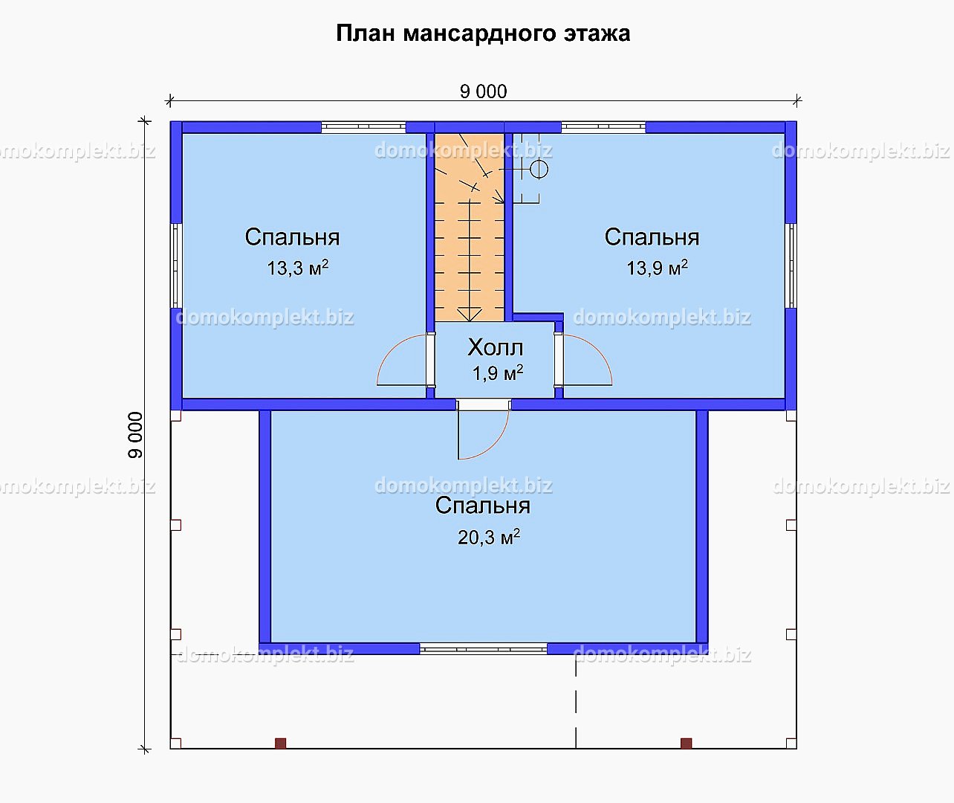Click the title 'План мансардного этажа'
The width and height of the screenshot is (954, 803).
pyautogui.click(x=483, y=33)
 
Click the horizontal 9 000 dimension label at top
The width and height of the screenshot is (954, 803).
pyautogui.click(x=484, y=92)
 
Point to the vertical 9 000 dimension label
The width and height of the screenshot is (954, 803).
pyautogui.click(x=135, y=435)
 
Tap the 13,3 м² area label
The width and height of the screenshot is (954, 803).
pyautogui.click(x=297, y=268)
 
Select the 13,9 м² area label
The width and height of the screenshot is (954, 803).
pyautogui.click(x=657, y=268)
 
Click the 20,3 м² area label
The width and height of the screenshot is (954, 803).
pyautogui.click(x=489, y=537)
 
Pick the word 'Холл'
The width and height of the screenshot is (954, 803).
pyautogui.click(x=496, y=347)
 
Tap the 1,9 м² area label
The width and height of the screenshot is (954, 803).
pyautogui.click(x=498, y=373)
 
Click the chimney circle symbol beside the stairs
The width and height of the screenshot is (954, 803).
pyautogui.click(x=539, y=170)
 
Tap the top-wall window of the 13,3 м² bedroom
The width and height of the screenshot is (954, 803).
pyautogui.click(x=363, y=127)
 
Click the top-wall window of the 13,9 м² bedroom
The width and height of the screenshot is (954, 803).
pyautogui.click(x=603, y=127)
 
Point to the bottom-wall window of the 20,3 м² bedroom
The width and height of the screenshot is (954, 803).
pyautogui.click(x=484, y=648)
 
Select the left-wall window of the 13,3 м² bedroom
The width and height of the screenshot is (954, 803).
pyautogui.click(x=176, y=265)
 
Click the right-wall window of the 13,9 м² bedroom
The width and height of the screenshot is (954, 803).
pyautogui.click(x=791, y=265)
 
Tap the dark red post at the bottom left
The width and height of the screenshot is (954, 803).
pyautogui.click(x=281, y=743)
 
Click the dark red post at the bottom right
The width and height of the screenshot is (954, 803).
pyautogui.click(x=687, y=743)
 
